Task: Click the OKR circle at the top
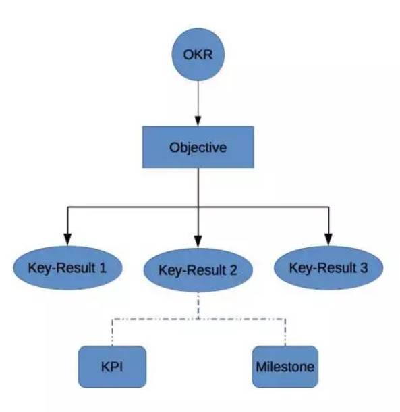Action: coord(198,55)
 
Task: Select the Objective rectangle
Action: coord(198,147)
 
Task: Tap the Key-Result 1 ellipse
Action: coord(67,267)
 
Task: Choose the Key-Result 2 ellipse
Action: coord(198,270)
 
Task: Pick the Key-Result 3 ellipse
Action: coord(328,267)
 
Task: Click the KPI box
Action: coord(113,367)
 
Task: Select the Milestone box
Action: coord(285,367)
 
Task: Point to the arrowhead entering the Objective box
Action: coord(198,121)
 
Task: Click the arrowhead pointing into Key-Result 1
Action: coord(67,239)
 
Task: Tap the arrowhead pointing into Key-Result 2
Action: coord(198,242)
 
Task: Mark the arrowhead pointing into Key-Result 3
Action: coord(328,239)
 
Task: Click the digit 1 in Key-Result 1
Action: coord(103,267)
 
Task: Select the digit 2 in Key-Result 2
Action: coord(233,270)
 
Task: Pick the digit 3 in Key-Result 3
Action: coord(364,267)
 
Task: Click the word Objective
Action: coord(198,147)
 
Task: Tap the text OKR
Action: coord(198,55)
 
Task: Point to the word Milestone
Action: coord(285,367)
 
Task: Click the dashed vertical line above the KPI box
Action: coord(113,332)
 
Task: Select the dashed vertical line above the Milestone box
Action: coord(285,332)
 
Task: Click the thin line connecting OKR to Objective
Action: coord(198,99)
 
